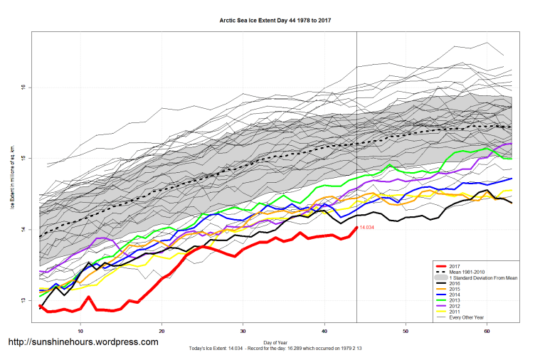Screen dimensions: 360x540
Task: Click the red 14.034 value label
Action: [x=366, y=227]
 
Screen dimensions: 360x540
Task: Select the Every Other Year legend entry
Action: [x=465, y=317]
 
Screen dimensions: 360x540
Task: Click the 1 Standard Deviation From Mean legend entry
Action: [x=480, y=277]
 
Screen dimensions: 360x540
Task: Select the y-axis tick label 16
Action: [x=23, y=88]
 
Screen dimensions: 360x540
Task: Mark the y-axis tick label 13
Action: [x=23, y=300]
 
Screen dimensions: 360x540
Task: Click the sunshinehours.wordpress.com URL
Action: [x=83, y=342]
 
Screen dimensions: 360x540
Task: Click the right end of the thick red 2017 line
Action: [x=356, y=227]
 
